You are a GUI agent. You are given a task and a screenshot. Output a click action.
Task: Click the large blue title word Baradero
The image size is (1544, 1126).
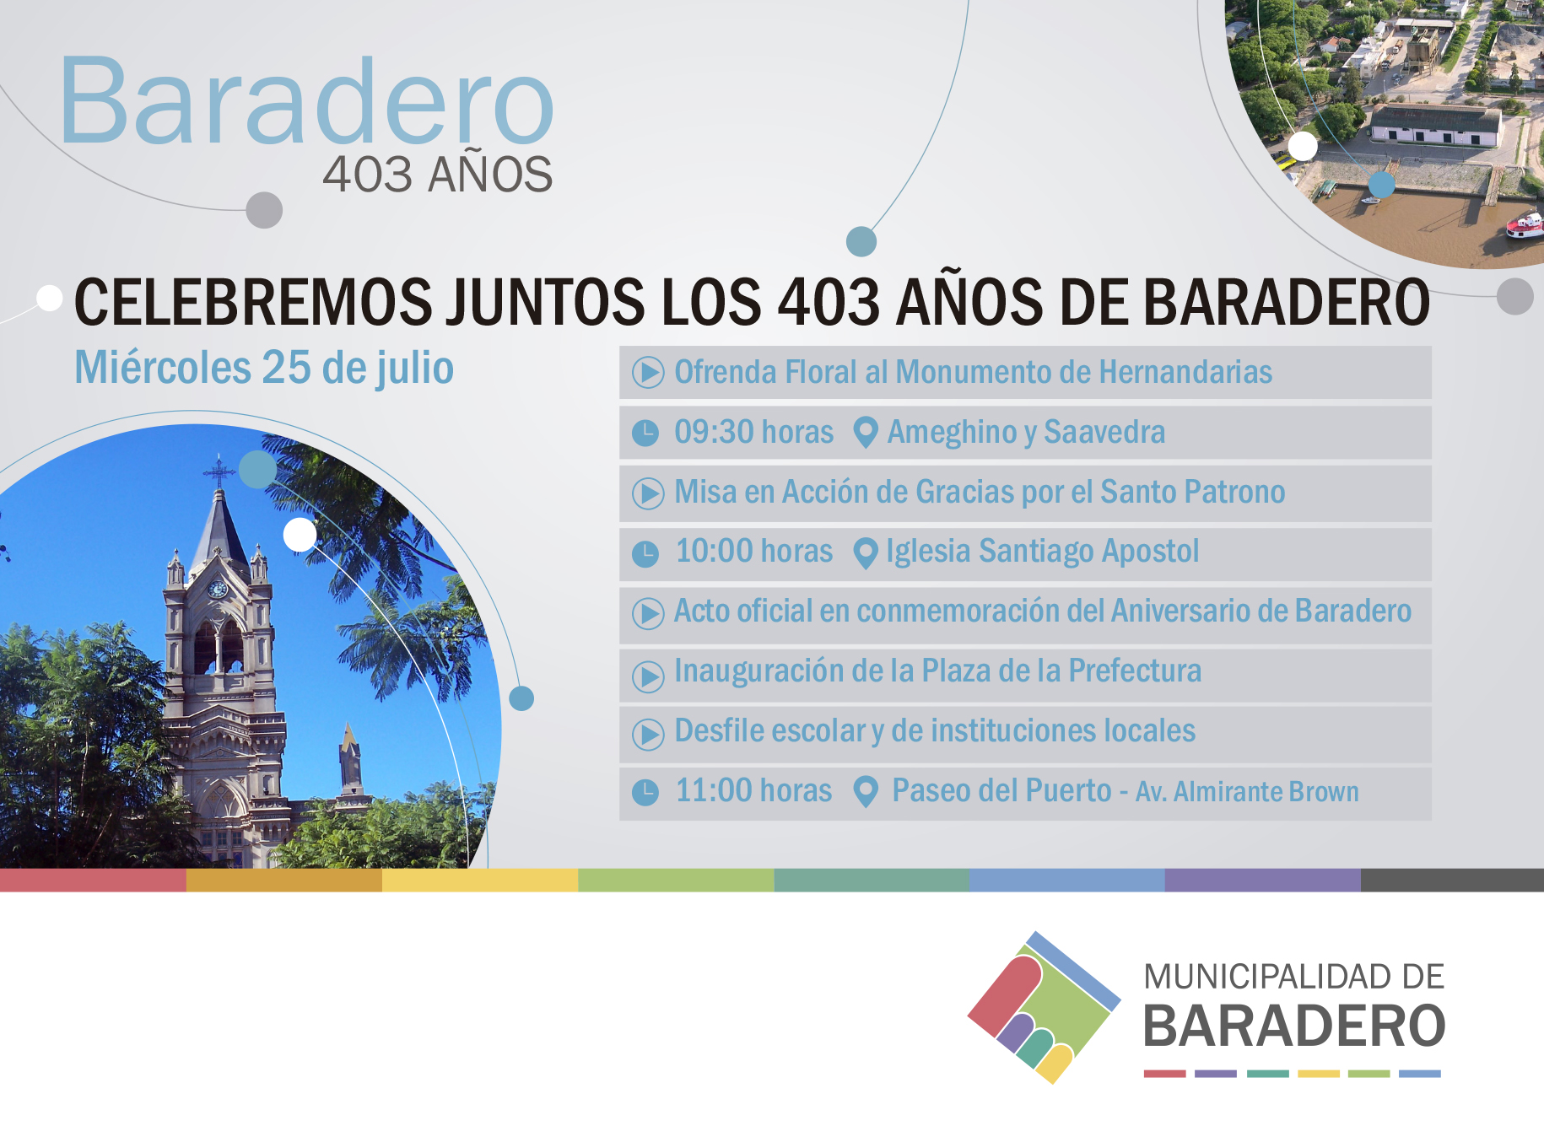click(x=307, y=100)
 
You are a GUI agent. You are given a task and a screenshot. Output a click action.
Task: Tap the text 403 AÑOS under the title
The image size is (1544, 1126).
click(x=437, y=175)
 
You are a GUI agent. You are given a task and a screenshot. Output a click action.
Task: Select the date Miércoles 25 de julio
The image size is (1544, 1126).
click(x=264, y=369)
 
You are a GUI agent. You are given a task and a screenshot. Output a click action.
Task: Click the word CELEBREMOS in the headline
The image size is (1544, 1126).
click(x=253, y=302)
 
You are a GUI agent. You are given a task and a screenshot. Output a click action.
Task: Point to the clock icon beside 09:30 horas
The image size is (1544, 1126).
click(x=645, y=433)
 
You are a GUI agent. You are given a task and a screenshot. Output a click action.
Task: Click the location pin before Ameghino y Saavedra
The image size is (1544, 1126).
click(x=865, y=433)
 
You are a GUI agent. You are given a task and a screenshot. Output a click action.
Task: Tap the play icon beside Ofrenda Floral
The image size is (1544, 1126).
click(x=648, y=372)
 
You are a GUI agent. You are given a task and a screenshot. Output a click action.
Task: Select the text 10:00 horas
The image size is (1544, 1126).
click(x=754, y=552)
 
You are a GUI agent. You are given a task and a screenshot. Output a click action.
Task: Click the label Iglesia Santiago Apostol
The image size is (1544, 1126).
click(x=1042, y=552)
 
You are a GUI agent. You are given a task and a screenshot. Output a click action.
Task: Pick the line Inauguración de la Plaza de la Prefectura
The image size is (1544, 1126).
click(x=937, y=671)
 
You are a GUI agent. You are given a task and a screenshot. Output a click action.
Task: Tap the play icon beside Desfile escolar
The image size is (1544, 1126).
click(x=648, y=733)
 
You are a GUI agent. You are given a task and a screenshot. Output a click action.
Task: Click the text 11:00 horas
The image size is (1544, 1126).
click(x=753, y=791)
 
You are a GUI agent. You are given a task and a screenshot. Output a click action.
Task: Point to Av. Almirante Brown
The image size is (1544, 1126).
click(x=1247, y=792)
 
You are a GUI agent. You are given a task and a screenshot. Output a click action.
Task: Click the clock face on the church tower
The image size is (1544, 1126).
click(x=218, y=590)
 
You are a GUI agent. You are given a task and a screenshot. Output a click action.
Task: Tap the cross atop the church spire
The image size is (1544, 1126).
click(x=219, y=471)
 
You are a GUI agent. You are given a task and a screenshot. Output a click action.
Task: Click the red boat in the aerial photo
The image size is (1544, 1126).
click(x=1525, y=225)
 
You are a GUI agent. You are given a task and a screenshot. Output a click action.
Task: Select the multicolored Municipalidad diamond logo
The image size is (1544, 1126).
click(x=1044, y=1007)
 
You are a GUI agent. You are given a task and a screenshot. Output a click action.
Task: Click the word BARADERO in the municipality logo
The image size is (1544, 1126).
click(x=1294, y=1026)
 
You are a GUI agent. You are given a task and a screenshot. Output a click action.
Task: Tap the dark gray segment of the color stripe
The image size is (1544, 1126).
click(x=1452, y=880)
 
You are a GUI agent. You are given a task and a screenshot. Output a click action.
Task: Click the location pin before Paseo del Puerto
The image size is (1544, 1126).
click(x=865, y=791)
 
